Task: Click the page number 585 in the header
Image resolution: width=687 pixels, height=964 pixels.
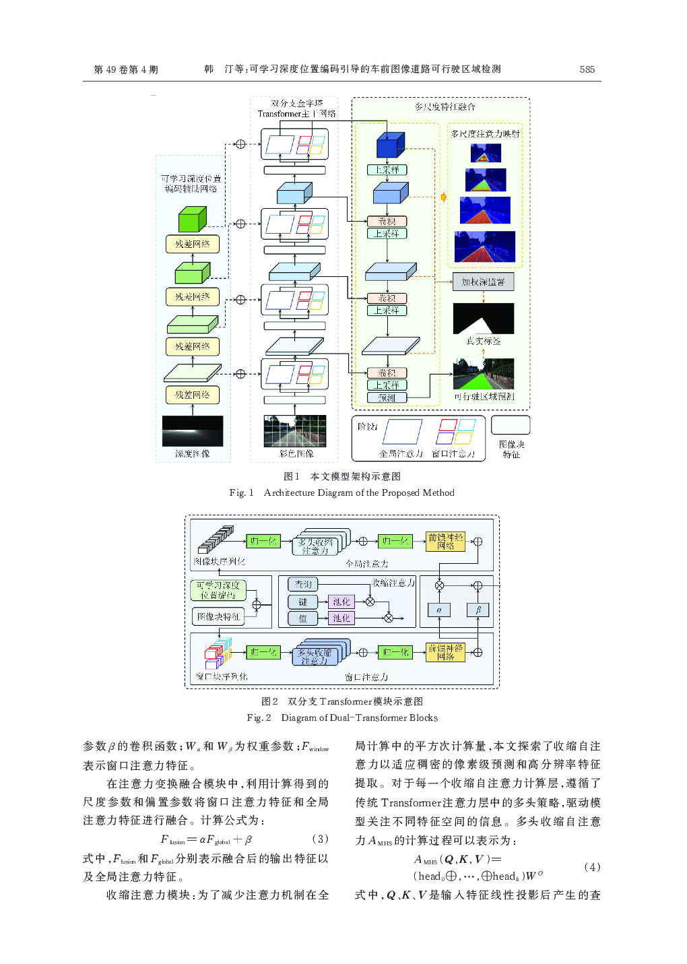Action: (587, 69)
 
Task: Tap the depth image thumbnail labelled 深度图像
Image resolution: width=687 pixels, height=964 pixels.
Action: (193, 431)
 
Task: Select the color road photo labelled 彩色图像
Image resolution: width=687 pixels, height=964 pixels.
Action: (295, 431)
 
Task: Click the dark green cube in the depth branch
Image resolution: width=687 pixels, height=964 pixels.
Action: (192, 219)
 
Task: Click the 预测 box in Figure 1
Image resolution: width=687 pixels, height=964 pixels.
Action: (387, 397)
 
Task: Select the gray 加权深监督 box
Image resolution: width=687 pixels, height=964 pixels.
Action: (483, 282)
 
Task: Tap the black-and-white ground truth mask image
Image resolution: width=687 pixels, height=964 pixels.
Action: (484, 319)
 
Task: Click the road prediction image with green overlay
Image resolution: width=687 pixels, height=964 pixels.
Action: (484, 374)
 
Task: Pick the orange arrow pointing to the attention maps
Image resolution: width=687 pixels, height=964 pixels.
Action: (444, 197)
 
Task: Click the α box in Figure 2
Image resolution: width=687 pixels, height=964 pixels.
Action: (439, 610)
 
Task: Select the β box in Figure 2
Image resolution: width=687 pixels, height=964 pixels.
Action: (478, 610)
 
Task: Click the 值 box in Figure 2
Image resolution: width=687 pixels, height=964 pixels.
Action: (303, 618)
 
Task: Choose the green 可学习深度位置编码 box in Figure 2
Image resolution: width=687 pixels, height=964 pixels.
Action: (218, 590)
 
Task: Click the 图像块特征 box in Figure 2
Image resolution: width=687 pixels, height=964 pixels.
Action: (218, 616)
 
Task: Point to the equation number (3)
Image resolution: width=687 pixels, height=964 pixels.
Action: (321, 839)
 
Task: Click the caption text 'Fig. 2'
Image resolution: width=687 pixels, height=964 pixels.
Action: (259, 717)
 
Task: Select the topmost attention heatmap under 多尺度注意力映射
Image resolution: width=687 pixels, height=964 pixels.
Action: (486, 154)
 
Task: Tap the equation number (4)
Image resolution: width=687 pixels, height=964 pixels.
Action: (592, 867)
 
